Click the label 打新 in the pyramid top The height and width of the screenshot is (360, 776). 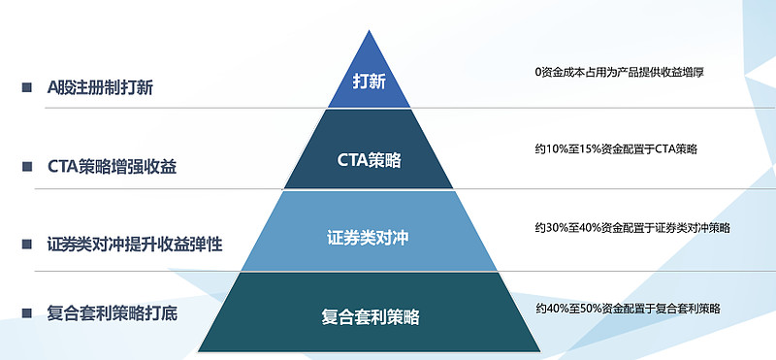369,82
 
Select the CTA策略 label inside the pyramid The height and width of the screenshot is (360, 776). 369,160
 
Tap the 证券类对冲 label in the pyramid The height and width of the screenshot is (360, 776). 369,238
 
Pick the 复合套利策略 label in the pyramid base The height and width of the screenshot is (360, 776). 370,316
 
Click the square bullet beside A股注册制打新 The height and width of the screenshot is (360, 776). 26,87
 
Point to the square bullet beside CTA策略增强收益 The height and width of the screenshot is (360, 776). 26,166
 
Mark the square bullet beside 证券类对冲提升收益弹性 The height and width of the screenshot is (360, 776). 26,245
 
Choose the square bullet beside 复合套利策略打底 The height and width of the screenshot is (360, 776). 26,313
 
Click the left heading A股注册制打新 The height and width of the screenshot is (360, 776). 100,87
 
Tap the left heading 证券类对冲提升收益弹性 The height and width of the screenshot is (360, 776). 135,245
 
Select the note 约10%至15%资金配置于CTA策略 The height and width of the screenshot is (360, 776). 616,148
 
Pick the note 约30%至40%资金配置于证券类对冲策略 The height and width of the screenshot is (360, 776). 631,228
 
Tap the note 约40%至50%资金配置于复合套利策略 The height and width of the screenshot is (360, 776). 628,309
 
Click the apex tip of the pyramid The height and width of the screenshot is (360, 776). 369,31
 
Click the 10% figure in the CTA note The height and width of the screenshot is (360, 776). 556,148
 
